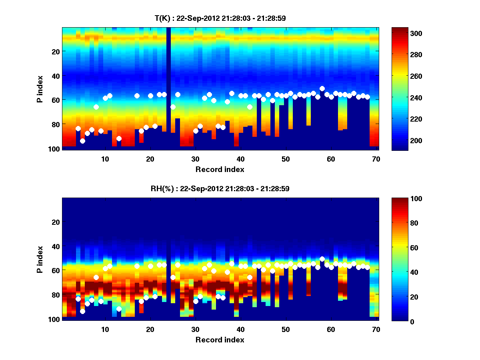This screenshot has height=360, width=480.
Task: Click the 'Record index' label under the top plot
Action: [220, 169]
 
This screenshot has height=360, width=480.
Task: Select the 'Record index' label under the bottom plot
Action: [220, 340]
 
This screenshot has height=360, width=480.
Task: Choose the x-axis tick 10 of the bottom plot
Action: [105, 329]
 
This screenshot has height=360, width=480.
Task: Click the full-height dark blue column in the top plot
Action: [169, 88]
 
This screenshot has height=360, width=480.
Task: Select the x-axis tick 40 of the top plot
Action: [240, 159]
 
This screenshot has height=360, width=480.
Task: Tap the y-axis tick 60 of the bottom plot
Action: [56, 270]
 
